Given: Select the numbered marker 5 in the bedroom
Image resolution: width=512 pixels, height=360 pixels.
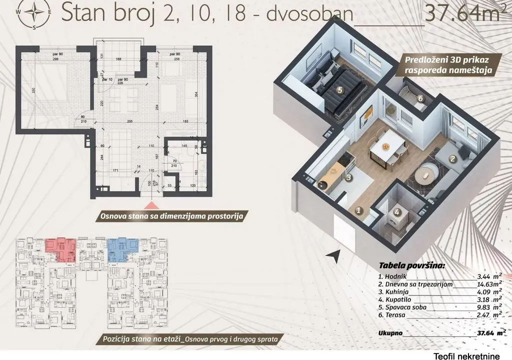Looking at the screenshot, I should (x=339, y=90).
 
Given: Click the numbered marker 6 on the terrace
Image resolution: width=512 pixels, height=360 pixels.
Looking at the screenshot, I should (x=420, y=99).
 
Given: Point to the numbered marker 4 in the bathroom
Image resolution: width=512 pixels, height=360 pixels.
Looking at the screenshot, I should (x=397, y=211).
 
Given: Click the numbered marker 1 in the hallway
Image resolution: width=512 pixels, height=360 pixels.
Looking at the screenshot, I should (x=358, y=210).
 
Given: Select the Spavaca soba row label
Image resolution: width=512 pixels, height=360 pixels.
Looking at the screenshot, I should (x=405, y=307).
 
